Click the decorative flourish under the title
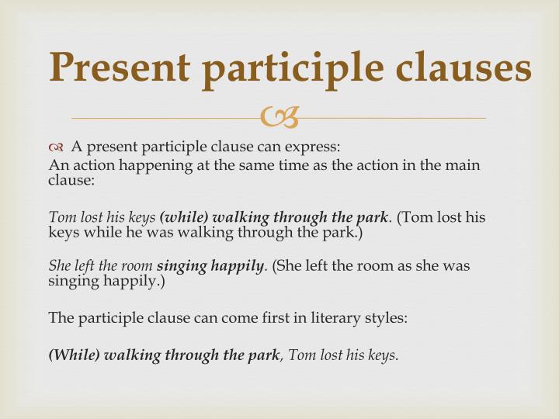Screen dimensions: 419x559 279,118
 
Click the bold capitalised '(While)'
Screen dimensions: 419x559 74,355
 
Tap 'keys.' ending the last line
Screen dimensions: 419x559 382,355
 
